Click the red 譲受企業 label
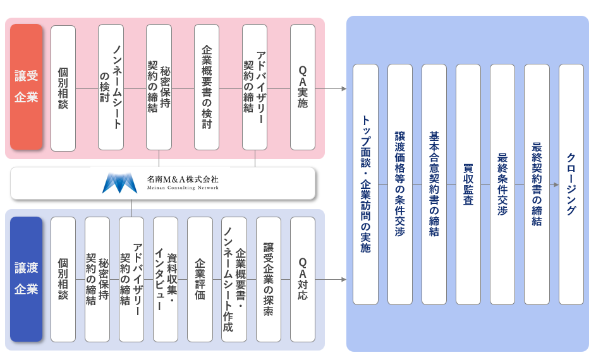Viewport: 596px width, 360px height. (27, 87)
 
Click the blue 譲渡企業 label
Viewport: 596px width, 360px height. (27, 279)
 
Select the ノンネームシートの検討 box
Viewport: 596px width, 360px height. (111, 87)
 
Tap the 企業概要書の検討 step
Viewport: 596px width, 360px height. (207, 87)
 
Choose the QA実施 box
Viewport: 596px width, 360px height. (303, 87)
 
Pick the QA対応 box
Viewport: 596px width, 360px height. (303, 279)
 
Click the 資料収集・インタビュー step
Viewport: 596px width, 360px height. (166, 279)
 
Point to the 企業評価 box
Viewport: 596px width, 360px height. (200, 279)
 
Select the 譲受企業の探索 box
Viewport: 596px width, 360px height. (269, 279)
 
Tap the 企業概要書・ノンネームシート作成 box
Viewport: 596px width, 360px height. (234, 279)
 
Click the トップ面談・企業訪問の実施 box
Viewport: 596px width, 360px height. (365, 184)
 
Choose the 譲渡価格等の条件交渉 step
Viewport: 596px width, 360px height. (399, 184)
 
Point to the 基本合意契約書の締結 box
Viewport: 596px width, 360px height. (434, 184)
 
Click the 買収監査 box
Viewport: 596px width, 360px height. (468, 184)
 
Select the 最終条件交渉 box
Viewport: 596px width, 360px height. (502, 184)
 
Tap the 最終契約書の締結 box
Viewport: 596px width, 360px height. (537, 184)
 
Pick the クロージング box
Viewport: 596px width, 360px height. (571, 184)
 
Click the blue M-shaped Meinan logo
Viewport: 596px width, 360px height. (119, 183)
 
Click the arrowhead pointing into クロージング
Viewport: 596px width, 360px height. (556, 184)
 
